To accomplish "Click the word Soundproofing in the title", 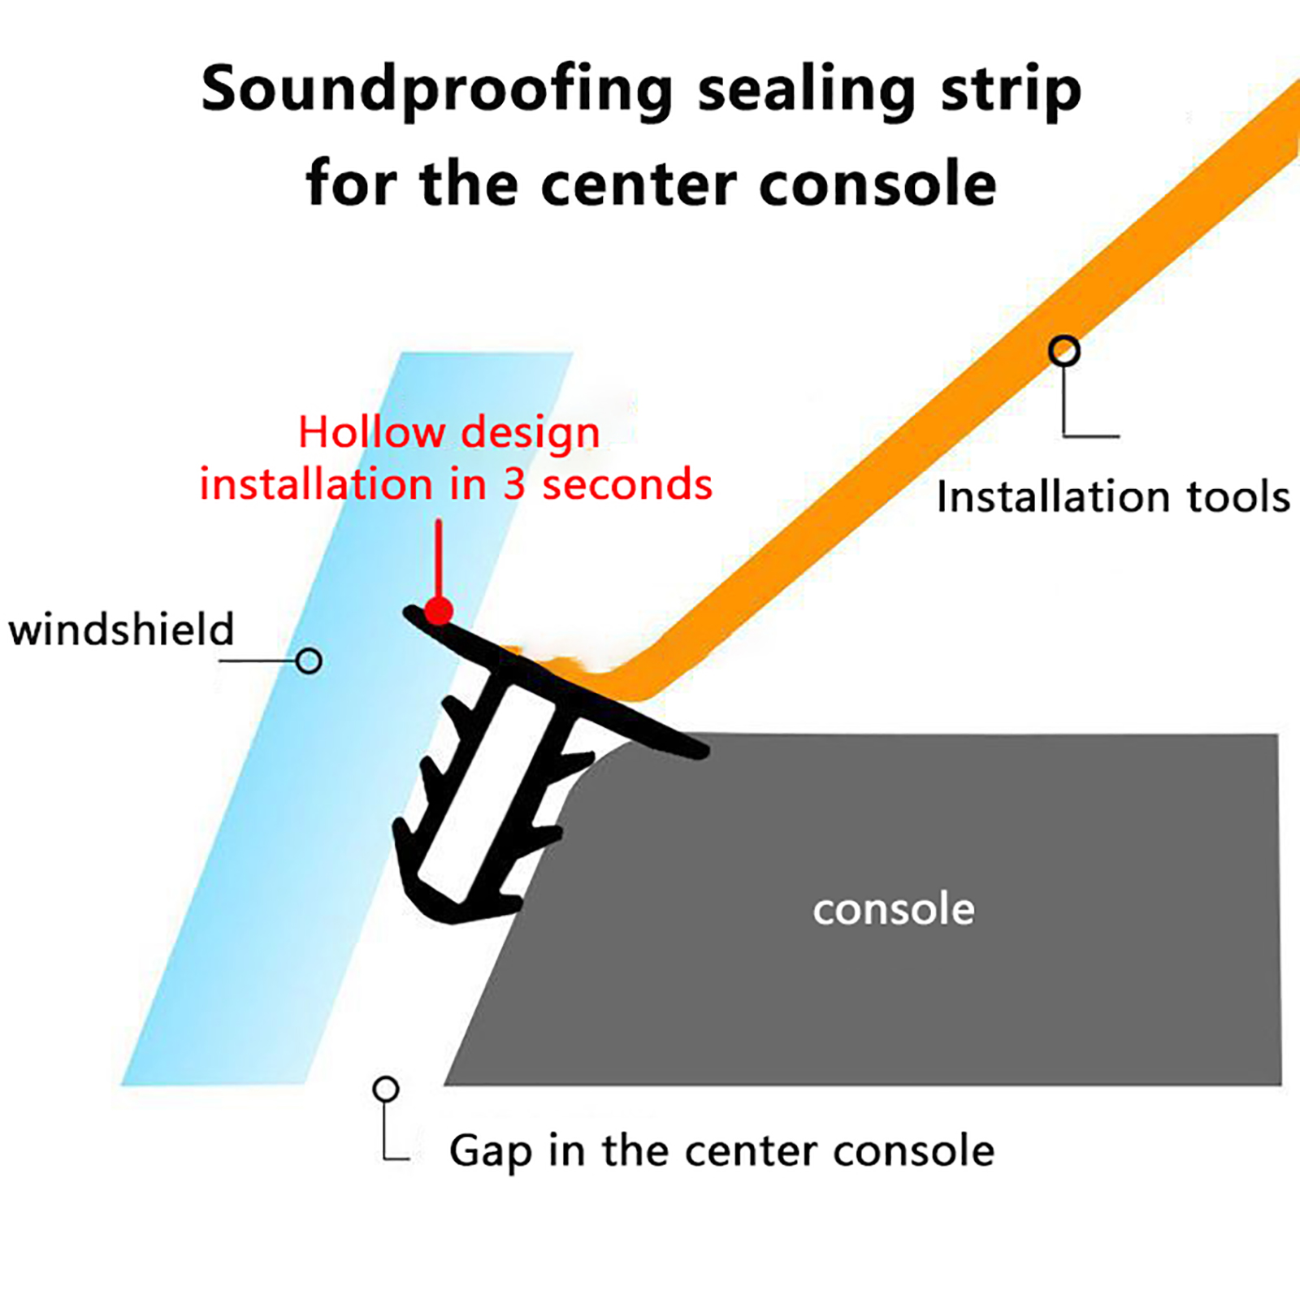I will click(x=436, y=91).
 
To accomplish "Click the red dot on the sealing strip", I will click(x=439, y=610).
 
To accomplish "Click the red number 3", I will click(x=513, y=485).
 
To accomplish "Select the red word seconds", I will click(x=627, y=485).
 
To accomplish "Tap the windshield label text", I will click(x=121, y=630).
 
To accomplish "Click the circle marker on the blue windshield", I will click(x=309, y=661).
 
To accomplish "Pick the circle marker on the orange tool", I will click(x=1064, y=351).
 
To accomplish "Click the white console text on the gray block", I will click(x=893, y=909).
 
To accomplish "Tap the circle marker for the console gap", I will click(x=386, y=1089).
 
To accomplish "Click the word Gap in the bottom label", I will click(x=490, y=1151).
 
